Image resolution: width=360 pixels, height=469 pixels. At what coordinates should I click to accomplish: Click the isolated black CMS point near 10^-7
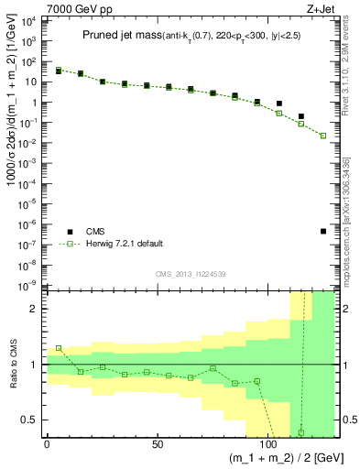pos(323,231)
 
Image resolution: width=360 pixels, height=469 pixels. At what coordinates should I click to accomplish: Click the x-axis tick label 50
pos(157,443)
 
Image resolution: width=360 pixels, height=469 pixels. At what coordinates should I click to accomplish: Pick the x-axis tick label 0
pos(48,443)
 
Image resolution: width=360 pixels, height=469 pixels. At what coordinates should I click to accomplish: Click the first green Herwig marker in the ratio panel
pos(59,348)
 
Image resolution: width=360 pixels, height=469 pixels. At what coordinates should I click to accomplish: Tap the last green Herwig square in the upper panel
pos(323,136)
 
